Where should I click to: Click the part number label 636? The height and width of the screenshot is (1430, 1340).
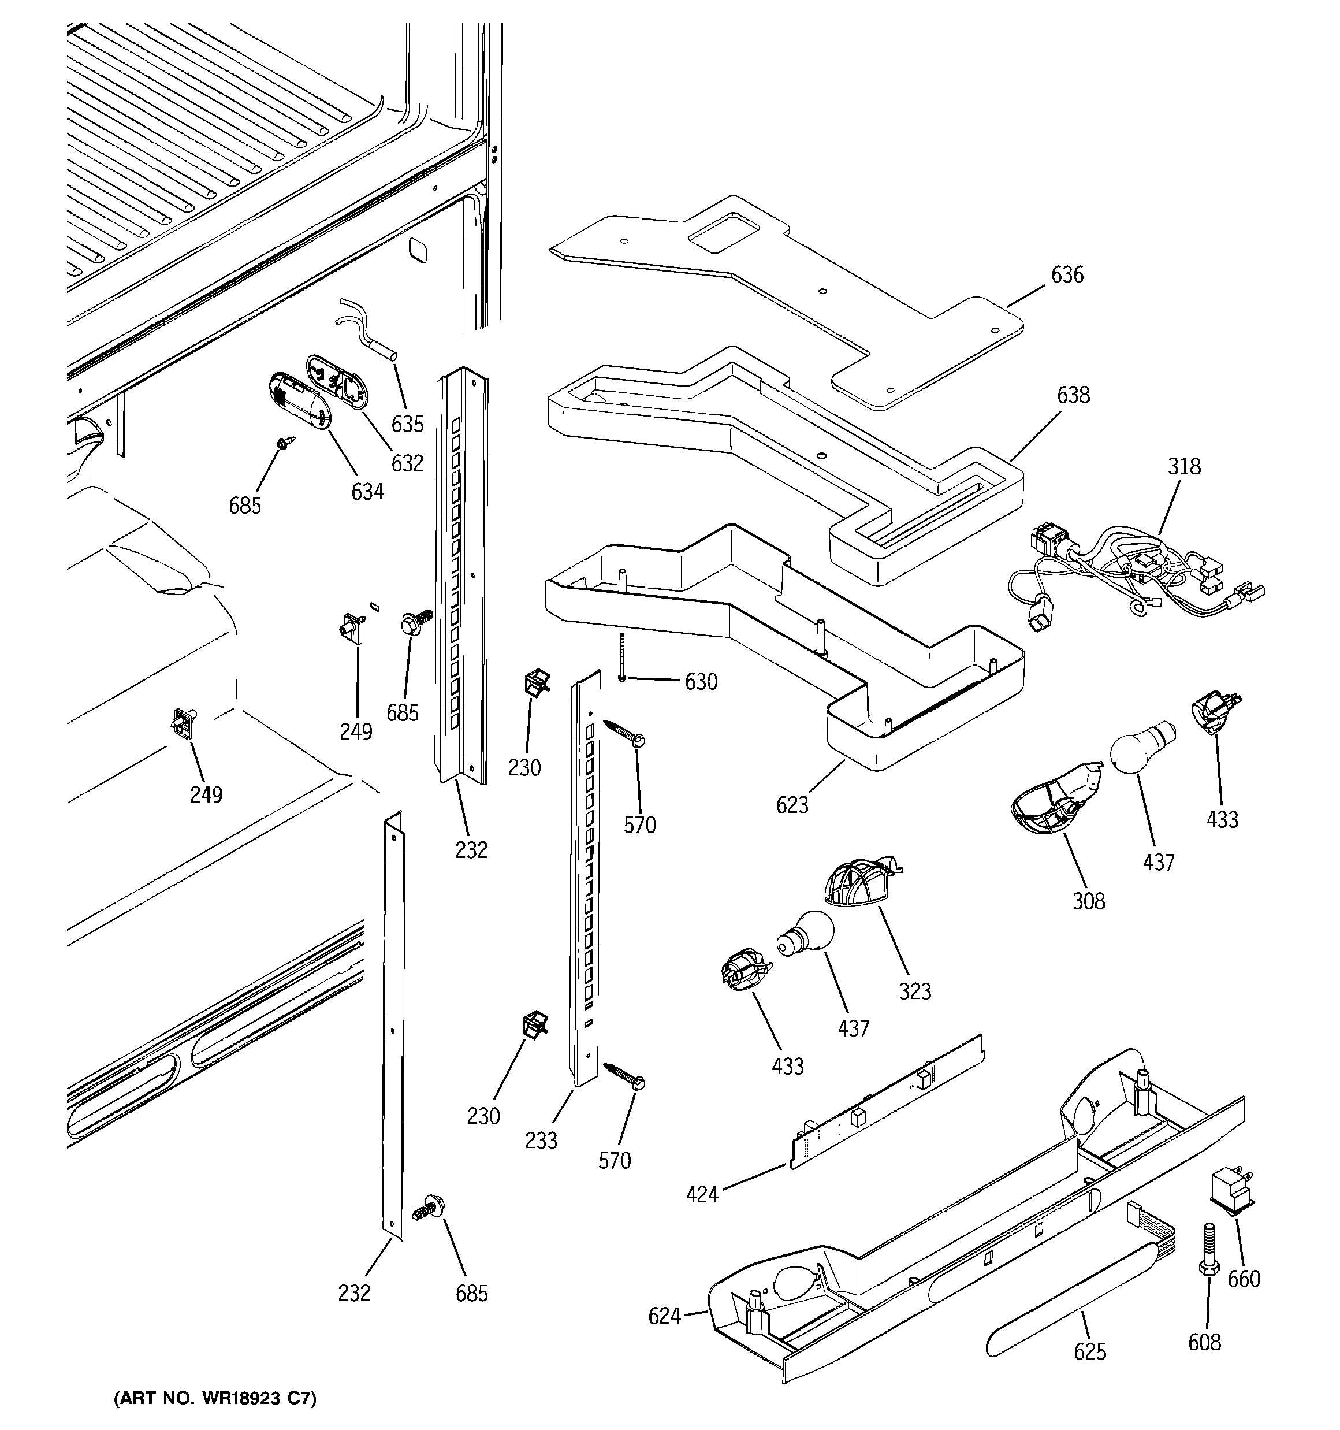(1067, 275)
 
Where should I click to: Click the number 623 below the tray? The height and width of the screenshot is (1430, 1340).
(792, 805)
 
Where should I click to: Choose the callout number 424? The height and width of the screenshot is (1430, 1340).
(702, 1195)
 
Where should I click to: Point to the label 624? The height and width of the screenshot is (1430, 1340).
(664, 1316)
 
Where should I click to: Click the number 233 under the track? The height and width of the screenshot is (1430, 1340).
(541, 1140)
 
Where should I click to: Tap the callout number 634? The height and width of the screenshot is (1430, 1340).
(367, 492)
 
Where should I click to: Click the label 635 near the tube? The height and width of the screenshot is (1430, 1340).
(407, 425)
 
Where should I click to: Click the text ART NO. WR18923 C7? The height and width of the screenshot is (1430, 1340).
(214, 1398)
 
